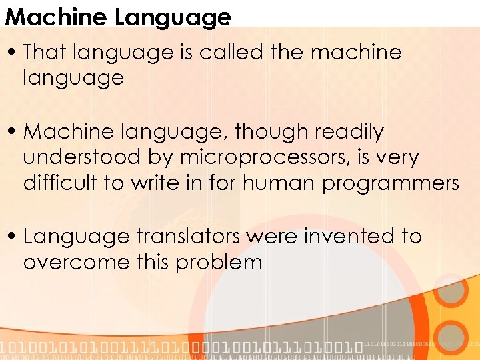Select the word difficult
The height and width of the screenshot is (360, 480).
(60, 183)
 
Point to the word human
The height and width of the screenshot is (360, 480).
(280, 183)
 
